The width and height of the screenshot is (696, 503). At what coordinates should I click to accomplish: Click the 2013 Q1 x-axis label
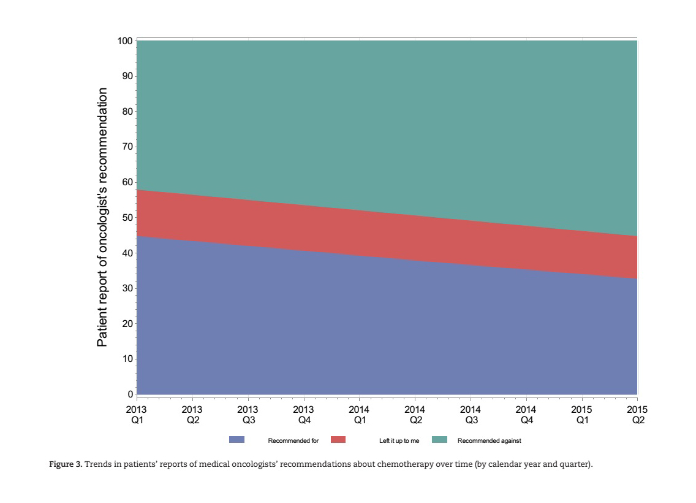(x=137, y=415)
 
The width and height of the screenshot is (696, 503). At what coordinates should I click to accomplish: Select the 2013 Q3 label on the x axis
(x=248, y=415)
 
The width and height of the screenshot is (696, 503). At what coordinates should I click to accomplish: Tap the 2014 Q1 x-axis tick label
(x=359, y=415)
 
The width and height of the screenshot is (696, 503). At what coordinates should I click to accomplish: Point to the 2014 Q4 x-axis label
(x=526, y=415)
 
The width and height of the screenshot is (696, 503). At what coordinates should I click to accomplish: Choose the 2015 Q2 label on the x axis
(x=637, y=415)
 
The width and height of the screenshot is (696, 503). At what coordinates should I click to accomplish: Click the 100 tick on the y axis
(x=125, y=41)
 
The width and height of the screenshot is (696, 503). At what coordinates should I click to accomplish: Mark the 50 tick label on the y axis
(x=127, y=218)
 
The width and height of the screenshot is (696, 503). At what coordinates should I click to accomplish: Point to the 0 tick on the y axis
(x=130, y=394)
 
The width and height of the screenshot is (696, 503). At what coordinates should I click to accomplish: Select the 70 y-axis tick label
(x=127, y=147)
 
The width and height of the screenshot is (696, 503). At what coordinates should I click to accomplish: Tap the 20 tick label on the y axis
(x=127, y=324)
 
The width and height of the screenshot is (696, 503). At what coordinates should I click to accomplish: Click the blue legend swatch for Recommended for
(x=236, y=440)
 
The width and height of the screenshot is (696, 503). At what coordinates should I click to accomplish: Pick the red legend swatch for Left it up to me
(x=338, y=440)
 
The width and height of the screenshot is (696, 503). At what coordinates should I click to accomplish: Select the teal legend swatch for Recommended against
(x=439, y=440)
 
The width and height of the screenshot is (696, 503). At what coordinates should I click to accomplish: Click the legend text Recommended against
(x=489, y=441)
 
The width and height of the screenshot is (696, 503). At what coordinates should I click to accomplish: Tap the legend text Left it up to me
(x=399, y=441)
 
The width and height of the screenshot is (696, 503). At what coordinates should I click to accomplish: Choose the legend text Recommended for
(x=293, y=441)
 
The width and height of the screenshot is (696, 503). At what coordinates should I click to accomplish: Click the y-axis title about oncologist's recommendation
(x=102, y=217)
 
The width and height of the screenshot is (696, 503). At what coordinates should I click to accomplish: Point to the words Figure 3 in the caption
(x=65, y=464)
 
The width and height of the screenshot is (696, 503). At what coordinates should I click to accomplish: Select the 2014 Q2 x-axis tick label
(x=415, y=415)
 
